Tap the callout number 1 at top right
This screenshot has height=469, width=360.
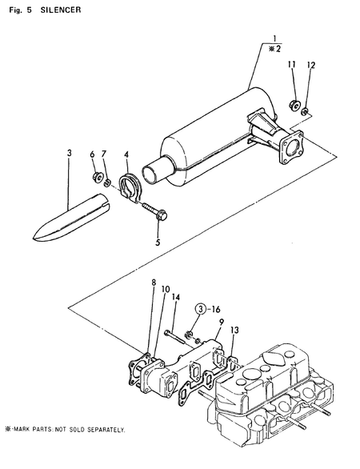(x=274, y=38)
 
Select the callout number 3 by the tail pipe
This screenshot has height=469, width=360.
(x=70, y=151)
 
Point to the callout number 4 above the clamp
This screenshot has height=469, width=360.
(x=126, y=154)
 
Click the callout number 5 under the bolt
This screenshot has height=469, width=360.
(x=158, y=242)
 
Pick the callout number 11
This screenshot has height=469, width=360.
(x=92, y=154)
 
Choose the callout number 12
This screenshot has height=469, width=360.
(x=103, y=154)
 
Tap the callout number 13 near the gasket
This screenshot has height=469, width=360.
(x=234, y=330)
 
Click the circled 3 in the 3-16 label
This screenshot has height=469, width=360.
(x=199, y=307)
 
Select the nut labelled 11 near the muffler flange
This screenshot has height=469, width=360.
(x=294, y=103)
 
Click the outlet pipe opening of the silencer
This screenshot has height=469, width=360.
(x=150, y=173)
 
